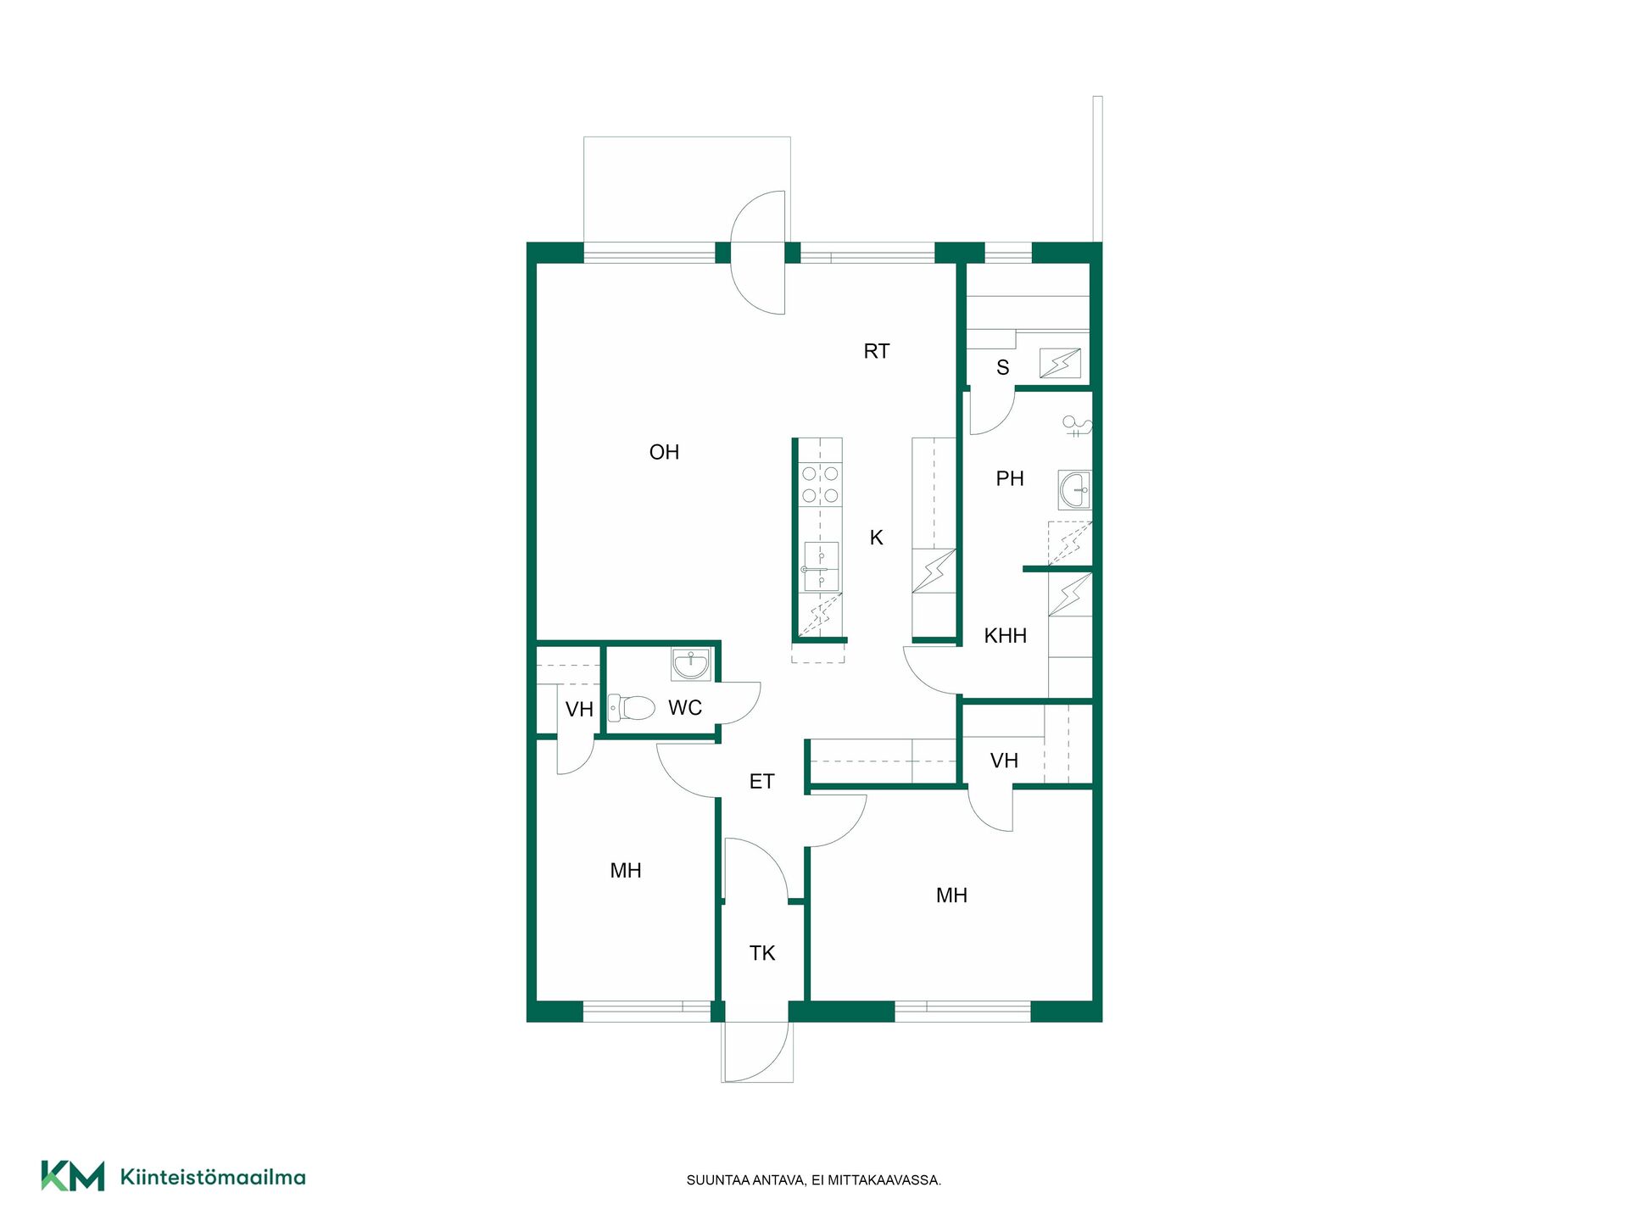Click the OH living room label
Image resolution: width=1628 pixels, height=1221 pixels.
[664, 453]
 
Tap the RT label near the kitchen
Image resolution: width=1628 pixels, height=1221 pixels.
[877, 351]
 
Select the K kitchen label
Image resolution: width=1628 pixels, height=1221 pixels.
[877, 538]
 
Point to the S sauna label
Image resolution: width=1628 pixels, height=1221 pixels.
[1003, 368]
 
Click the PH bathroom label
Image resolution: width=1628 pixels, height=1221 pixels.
[1010, 479]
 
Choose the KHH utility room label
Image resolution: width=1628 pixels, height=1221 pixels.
[1006, 636]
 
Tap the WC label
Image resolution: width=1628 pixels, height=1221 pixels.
[685, 708]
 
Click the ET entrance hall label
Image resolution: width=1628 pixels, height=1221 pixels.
[761, 782]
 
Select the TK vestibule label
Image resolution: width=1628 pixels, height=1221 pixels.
[762, 953]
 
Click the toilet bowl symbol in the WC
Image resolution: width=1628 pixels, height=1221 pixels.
[632, 707]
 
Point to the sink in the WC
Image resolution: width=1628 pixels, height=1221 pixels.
[691, 664]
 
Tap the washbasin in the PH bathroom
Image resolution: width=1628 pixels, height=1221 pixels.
[1075, 490]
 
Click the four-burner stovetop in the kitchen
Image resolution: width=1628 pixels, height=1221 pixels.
[820, 484]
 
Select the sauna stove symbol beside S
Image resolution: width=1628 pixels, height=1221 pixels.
[1061, 364]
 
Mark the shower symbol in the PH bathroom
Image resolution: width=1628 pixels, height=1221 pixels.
[1077, 426]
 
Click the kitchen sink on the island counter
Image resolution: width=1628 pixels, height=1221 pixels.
[821, 566]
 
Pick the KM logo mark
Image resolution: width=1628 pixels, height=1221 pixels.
[73, 1176]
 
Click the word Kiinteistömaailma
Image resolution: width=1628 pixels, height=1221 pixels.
[213, 1177]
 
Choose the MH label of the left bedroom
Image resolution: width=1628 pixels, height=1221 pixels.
[626, 871]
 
